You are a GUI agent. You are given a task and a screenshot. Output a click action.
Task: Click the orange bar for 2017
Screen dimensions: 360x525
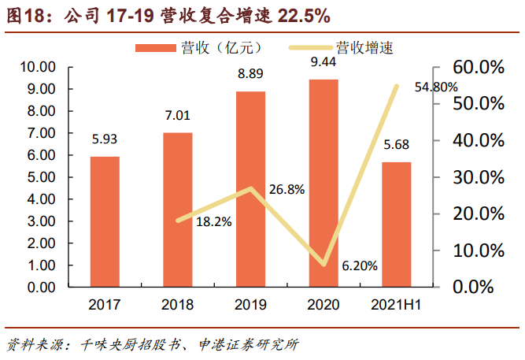pyautogui.click(x=105, y=222)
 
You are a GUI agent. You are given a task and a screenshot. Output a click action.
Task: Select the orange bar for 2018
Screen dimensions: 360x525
pyautogui.click(x=177, y=210)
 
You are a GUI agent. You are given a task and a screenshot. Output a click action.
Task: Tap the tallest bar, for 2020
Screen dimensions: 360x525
pyautogui.click(x=324, y=184)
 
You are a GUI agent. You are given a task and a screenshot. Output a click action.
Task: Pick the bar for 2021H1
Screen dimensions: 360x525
pyautogui.click(x=397, y=225)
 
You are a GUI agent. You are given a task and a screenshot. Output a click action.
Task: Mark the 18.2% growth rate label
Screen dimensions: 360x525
pyautogui.click(x=213, y=222)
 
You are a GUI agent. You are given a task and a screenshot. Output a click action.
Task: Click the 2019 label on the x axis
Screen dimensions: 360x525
pyautogui.click(x=250, y=304)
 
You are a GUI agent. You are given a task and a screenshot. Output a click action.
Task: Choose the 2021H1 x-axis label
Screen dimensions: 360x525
pyautogui.click(x=397, y=304)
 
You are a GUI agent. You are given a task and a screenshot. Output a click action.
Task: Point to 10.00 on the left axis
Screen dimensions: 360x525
pyautogui.click(x=47, y=68)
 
